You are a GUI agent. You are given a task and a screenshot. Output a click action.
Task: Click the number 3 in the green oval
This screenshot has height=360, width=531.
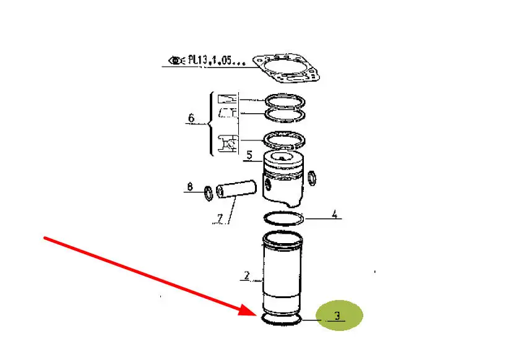click(x=337, y=315)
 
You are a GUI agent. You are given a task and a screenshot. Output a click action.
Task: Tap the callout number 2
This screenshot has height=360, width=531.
click(x=247, y=275)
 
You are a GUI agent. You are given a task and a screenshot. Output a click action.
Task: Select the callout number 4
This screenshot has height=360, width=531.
click(x=335, y=214)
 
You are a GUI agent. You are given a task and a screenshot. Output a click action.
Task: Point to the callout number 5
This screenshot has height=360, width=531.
click(x=249, y=155)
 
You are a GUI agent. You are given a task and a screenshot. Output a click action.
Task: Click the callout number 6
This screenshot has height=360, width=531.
click(x=191, y=118)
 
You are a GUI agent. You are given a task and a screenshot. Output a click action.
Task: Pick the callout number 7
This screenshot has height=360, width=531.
click(x=220, y=218)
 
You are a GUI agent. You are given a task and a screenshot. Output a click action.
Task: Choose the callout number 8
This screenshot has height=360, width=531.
click(x=190, y=186)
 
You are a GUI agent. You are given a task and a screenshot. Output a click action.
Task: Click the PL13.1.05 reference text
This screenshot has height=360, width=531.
click(x=217, y=60)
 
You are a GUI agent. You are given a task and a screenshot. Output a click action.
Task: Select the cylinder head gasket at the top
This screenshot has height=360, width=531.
click(x=286, y=68)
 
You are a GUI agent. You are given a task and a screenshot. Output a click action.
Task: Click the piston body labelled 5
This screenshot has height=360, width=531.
click(x=283, y=179)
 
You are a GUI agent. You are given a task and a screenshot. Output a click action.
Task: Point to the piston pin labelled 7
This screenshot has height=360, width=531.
click(x=236, y=189)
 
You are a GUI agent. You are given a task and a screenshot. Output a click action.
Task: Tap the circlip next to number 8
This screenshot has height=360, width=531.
click(x=209, y=193)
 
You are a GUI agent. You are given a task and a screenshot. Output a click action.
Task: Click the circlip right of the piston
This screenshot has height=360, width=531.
click(x=312, y=178)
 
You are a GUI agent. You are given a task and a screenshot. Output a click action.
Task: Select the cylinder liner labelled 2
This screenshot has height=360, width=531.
click(x=283, y=272)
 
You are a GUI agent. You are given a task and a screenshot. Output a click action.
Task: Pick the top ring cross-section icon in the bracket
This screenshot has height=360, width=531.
click(x=227, y=99)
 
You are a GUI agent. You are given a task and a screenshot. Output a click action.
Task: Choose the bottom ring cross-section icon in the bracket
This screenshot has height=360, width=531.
click(x=228, y=144)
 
